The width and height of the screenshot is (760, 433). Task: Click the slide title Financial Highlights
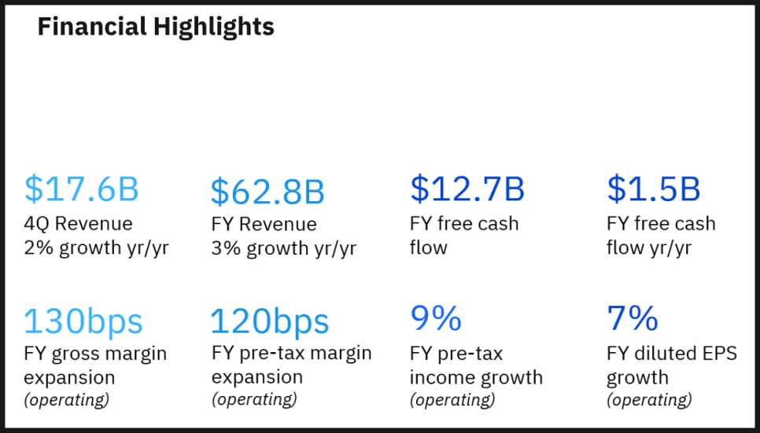point(156,28)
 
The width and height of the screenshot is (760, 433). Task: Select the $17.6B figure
point(82,189)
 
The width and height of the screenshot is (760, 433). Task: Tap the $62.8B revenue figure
point(267,192)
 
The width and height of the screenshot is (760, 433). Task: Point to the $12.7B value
point(467,189)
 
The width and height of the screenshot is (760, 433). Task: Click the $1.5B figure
point(653,189)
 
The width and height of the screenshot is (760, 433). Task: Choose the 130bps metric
point(83,321)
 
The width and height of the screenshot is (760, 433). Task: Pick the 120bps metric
point(270,321)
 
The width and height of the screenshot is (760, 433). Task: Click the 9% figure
point(436,318)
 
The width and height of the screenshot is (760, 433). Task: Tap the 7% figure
point(633,318)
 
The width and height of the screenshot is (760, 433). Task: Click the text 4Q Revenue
point(78,224)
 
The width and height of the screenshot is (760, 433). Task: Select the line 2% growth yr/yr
point(97,248)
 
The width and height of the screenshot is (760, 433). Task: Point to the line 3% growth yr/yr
point(283,248)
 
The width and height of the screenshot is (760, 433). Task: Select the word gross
point(80,354)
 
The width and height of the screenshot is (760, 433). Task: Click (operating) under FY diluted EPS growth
point(650,400)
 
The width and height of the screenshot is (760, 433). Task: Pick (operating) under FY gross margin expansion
point(67,400)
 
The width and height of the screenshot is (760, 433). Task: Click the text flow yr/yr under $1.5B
point(649,248)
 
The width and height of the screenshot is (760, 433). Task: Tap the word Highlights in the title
point(214,28)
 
